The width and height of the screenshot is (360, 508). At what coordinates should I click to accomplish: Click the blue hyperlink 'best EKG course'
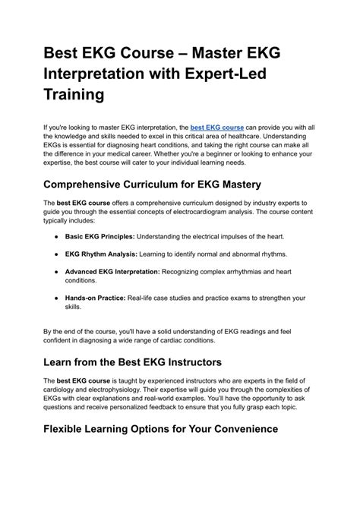216,128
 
